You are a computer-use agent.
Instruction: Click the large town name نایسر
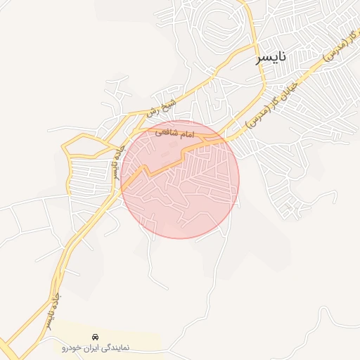273,58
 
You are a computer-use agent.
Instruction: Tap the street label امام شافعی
174,131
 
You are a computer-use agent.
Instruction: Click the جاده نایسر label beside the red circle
115,163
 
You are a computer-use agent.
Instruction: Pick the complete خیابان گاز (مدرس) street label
278,99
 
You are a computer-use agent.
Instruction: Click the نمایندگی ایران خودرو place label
96,347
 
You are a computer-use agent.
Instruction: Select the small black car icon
96,335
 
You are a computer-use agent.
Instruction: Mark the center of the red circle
180,179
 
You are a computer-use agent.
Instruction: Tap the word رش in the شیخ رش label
151,112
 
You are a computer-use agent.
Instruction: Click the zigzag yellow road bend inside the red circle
146,170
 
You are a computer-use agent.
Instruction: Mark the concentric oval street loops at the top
218,28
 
